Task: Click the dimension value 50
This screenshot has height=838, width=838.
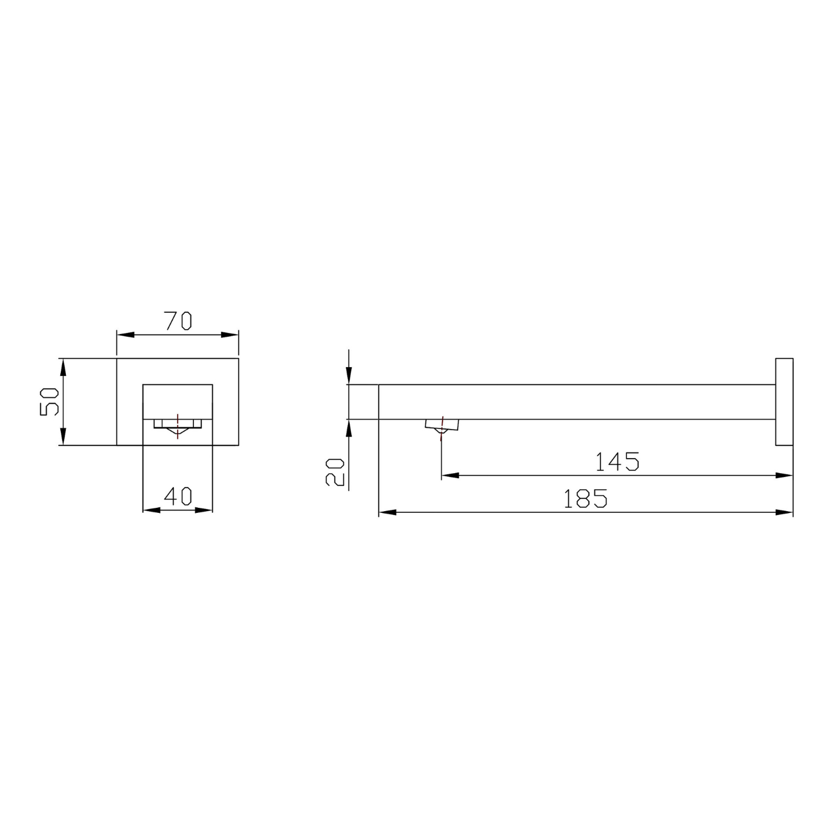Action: [x=49, y=401]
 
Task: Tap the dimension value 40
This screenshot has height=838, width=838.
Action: [x=179, y=496]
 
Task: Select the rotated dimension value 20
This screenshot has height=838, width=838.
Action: [x=335, y=472]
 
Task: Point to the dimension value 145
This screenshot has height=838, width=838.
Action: [x=617, y=462]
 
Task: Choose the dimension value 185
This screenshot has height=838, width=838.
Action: [x=585, y=498]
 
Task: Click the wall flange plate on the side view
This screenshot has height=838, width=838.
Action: [x=784, y=402]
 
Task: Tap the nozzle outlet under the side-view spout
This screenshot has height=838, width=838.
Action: [x=442, y=426]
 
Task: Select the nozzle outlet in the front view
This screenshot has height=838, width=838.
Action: [x=178, y=427]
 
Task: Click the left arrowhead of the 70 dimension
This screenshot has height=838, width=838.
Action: [x=125, y=335]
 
